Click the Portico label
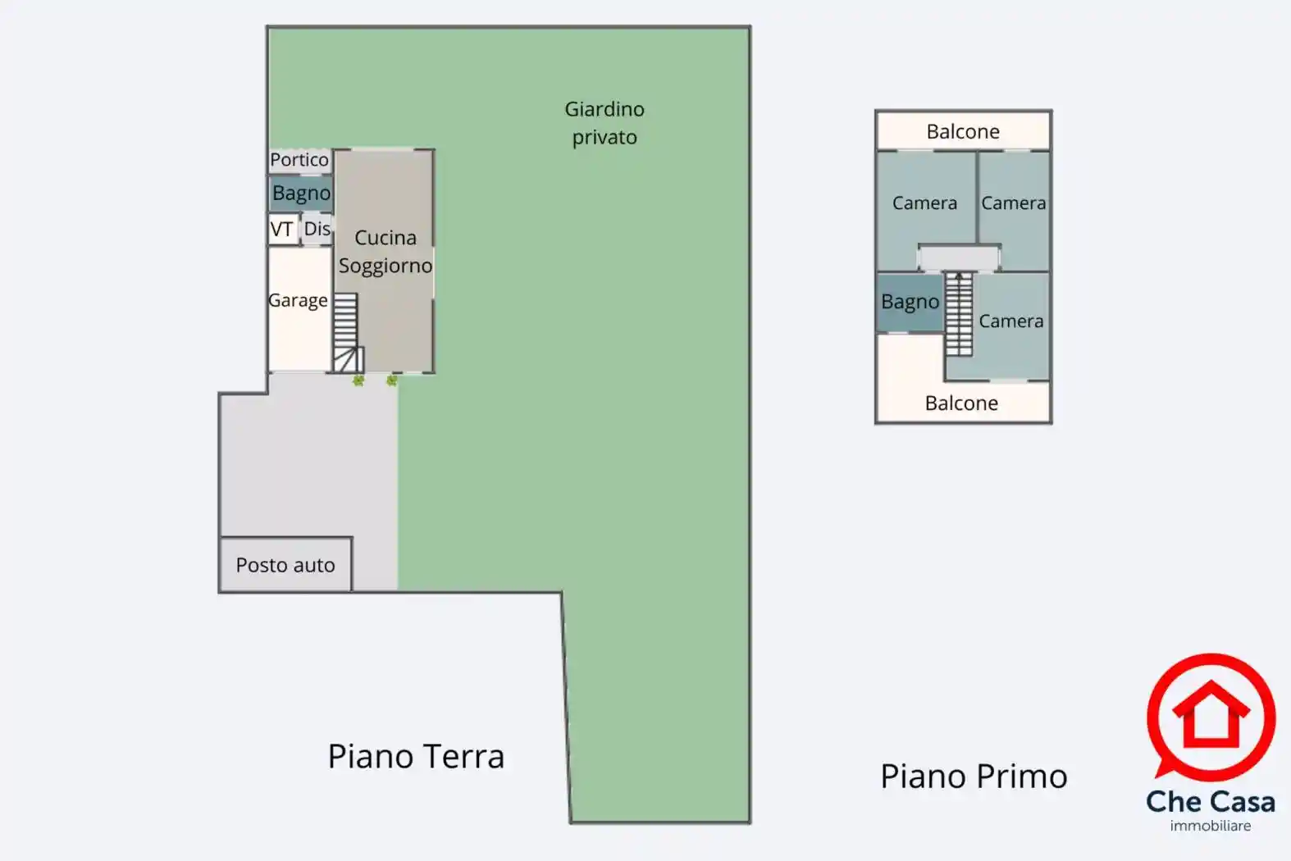pos(299,160)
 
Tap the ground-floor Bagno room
pos(301,194)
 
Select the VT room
pos(282,229)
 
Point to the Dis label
pos(317,228)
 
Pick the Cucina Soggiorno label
pos(385,252)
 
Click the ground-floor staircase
pos(346,332)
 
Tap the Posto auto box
pos(285,565)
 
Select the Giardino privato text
pos(604,123)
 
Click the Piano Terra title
pos(416,756)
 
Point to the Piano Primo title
pos(974,776)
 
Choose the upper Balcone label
pos(963,132)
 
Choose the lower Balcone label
pos(961,403)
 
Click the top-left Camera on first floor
pos(924,203)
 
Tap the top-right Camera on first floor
pos(1014,203)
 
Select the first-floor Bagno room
pos(910,302)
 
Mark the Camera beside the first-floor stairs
pos(1011,321)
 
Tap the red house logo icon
pos(1211,716)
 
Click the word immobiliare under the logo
pos(1211,826)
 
